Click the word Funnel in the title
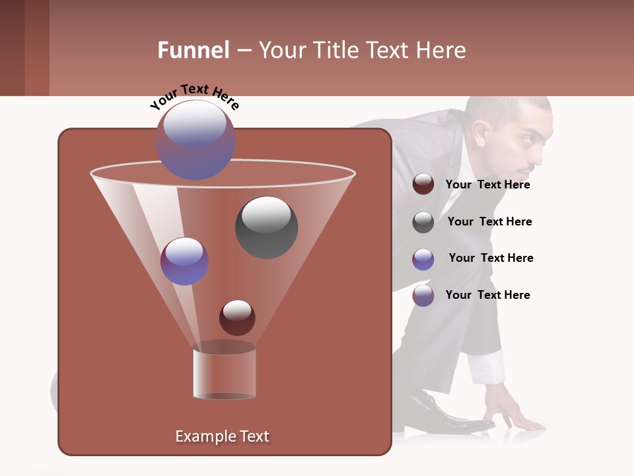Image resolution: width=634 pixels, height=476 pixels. pos(193,50)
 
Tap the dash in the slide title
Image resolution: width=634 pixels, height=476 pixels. pos(243,51)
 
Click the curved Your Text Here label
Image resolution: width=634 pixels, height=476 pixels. pos(194,96)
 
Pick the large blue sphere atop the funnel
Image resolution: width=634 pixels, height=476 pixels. pos(195,140)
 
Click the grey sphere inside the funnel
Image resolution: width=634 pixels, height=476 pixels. pos(266,227)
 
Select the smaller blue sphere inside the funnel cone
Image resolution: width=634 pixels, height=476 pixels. pos(184,261)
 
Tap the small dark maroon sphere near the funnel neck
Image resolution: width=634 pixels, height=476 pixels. pos(237,318)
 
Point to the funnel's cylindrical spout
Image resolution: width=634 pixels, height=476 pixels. pos(225,374)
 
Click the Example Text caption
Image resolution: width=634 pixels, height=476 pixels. pos(222,436)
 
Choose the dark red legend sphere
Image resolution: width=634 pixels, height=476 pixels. pos(423,184)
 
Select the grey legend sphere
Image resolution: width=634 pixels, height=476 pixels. pos(423,222)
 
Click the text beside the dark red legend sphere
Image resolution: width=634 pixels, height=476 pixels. pos(487,184)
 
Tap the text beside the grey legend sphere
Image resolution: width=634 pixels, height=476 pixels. pos(489,221)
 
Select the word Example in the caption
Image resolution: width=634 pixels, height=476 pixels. pos(199,436)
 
